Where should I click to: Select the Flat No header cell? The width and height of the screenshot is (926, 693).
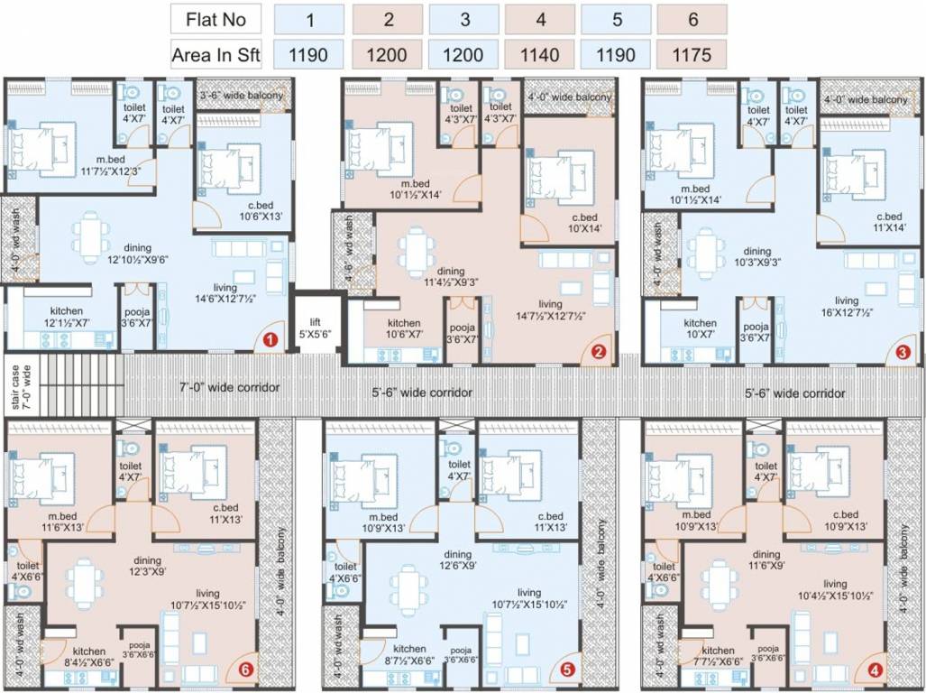coord(215,18)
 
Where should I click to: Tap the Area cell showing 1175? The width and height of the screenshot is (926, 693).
coord(691,55)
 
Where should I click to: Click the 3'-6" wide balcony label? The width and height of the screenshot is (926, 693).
coord(241,95)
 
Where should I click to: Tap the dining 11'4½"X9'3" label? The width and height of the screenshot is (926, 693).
coord(450,276)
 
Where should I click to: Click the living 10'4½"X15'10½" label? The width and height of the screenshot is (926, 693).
coord(835,590)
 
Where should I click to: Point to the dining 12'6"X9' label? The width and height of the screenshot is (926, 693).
coord(457,560)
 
